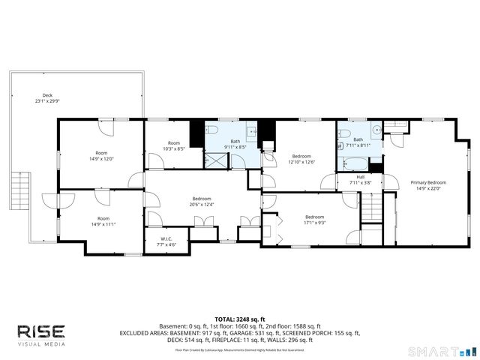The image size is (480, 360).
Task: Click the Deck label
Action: [47, 95]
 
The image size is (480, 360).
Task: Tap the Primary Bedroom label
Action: [428, 182]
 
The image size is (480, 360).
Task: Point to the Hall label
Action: [361, 177]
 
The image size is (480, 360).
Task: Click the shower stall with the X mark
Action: [215, 159]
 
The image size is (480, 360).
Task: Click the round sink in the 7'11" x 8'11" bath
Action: [376, 129]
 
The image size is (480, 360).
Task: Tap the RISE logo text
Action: [41, 331]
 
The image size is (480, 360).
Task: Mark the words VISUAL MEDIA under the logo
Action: [41, 344]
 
